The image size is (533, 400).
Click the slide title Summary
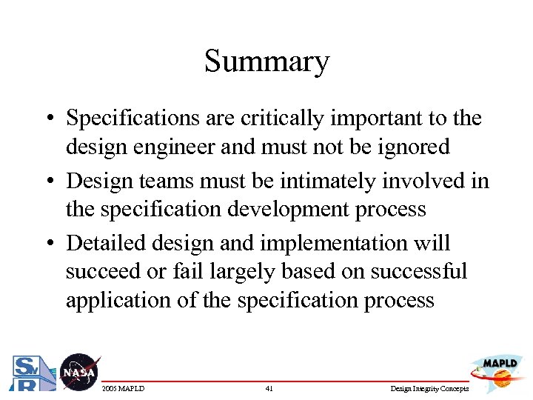266,61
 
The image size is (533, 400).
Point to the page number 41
268,389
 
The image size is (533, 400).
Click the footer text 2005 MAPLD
123,389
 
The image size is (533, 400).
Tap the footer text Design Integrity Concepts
429,389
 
